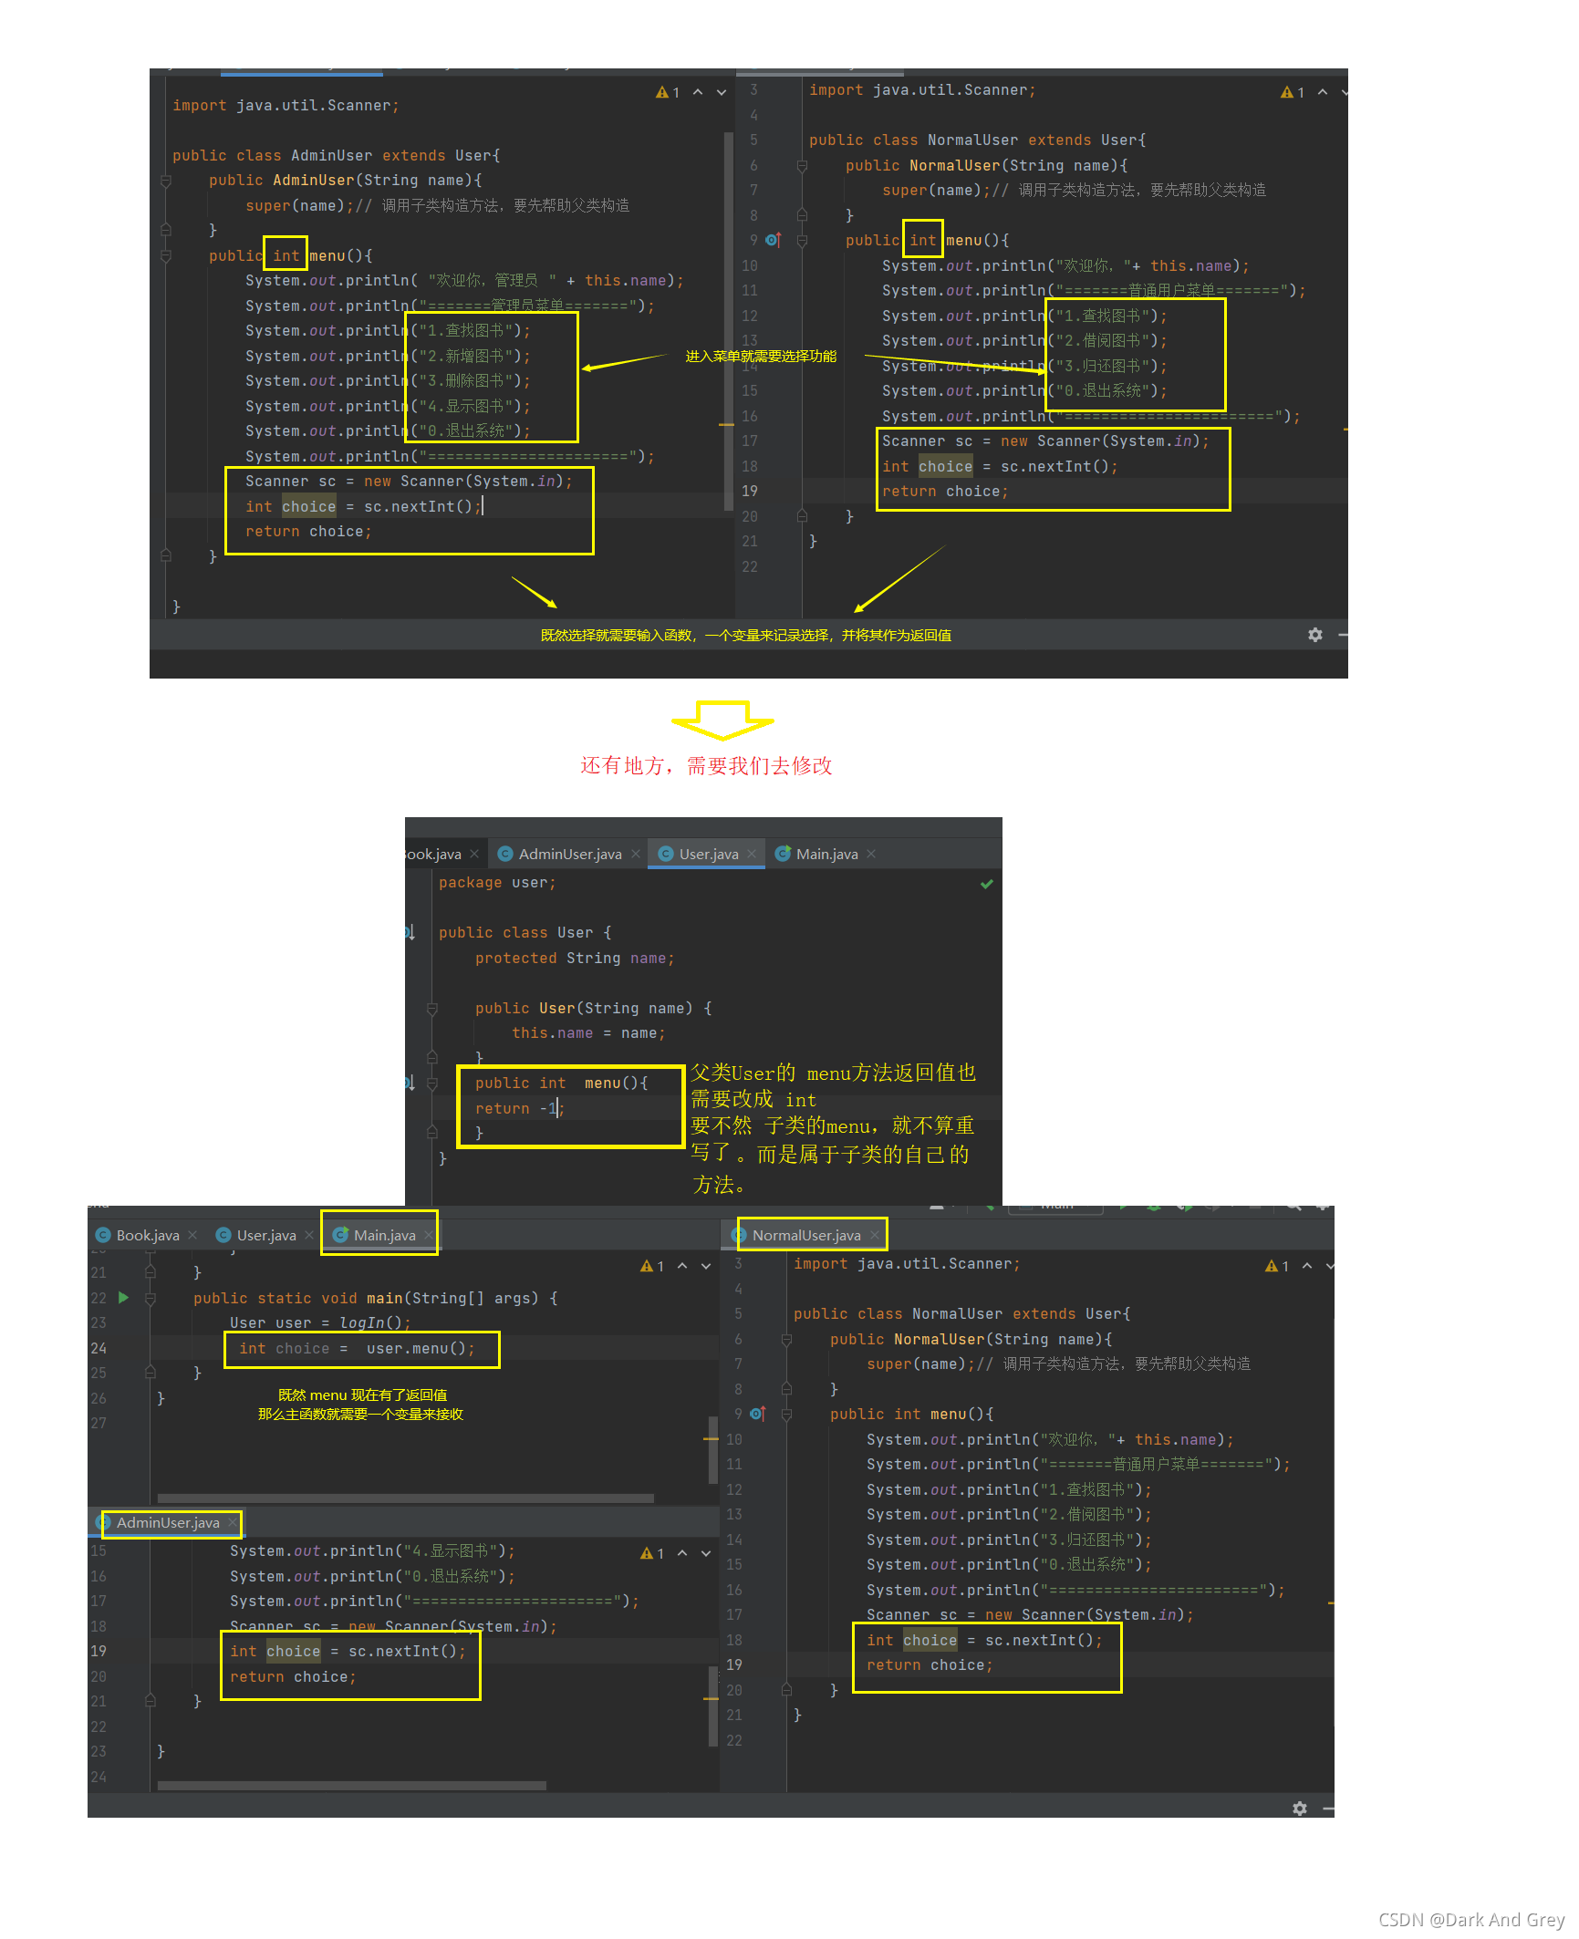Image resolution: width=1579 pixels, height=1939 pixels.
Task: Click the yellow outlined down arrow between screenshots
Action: pyautogui.click(x=722, y=720)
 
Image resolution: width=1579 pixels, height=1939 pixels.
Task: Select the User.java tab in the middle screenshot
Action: pyautogui.click(x=708, y=854)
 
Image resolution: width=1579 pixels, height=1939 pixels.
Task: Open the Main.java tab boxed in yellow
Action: pyautogui.click(x=383, y=1235)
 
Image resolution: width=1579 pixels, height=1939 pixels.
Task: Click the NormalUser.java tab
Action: pyautogui.click(x=806, y=1235)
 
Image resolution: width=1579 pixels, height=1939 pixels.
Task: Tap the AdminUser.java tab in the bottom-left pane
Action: pyautogui.click(x=168, y=1522)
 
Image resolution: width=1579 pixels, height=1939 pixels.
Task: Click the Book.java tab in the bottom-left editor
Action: pyautogui.click(x=147, y=1235)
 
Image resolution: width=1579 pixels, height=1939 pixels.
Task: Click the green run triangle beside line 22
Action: pyautogui.click(x=124, y=1297)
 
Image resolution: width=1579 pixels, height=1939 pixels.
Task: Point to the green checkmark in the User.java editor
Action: pyautogui.click(x=986, y=884)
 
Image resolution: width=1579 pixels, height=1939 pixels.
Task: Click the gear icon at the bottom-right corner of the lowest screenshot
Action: pyautogui.click(x=1300, y=1808)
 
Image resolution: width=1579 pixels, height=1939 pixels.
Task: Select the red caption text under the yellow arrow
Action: pyautogui.click(x=706, y=765)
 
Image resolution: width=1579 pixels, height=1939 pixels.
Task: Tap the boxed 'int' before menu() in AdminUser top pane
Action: pyautogui.click(x=286, y=255)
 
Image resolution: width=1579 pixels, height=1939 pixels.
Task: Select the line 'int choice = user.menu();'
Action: pyautogui.click(x=357, y=1348)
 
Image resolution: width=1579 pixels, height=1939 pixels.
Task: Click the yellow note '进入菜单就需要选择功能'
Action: pyautogui.click(x=761, y=356)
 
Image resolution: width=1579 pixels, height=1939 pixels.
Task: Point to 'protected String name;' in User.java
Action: pyautogui.click(x=574, y=958)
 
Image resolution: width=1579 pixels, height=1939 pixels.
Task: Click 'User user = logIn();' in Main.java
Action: pyautogui.click(x=319, y=1322)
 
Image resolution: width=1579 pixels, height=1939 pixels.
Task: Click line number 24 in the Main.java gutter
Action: pyautogui.click(x=99, y=1348)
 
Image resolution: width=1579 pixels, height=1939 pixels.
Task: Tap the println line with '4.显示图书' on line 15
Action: pyautogui.click(x=372, y=1550)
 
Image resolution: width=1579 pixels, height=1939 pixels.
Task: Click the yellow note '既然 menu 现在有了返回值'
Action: pyautogui.click(x=362, y=1395)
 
